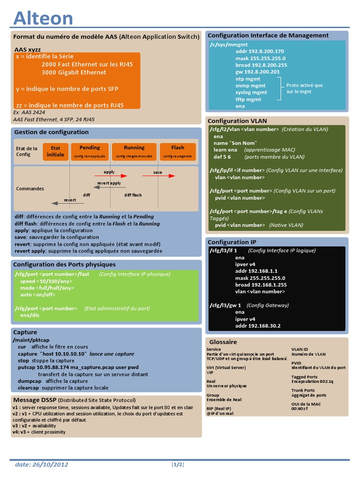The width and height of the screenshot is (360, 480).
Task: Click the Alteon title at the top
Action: tap(43, 18)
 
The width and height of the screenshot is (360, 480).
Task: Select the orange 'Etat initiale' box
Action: tap(55, 151)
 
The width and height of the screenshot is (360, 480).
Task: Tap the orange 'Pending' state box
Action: tap(90, 151)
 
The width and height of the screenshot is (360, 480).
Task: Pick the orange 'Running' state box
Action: tap(134, 151)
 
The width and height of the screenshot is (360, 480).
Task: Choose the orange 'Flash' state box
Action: tap(178, 151)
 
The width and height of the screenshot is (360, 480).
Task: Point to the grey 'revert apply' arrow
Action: tap(109, 187)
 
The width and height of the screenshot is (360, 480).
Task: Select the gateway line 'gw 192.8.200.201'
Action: tap(257, 72)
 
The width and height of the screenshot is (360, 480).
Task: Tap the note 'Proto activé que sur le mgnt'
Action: tap(305, 88)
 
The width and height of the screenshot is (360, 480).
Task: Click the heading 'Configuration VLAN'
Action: tap(237, 121)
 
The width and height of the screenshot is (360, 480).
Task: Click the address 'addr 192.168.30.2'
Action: tap(258, 326)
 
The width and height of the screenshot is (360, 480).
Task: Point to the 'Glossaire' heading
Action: tap(223, 342)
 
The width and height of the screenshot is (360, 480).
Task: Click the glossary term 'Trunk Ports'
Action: tap(303, 390)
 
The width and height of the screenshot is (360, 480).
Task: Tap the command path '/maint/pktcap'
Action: tap(31, 339)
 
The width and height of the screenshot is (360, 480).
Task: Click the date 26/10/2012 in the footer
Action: tap(42, 465)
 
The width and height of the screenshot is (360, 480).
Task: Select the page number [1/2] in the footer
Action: tap(178, 465)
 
